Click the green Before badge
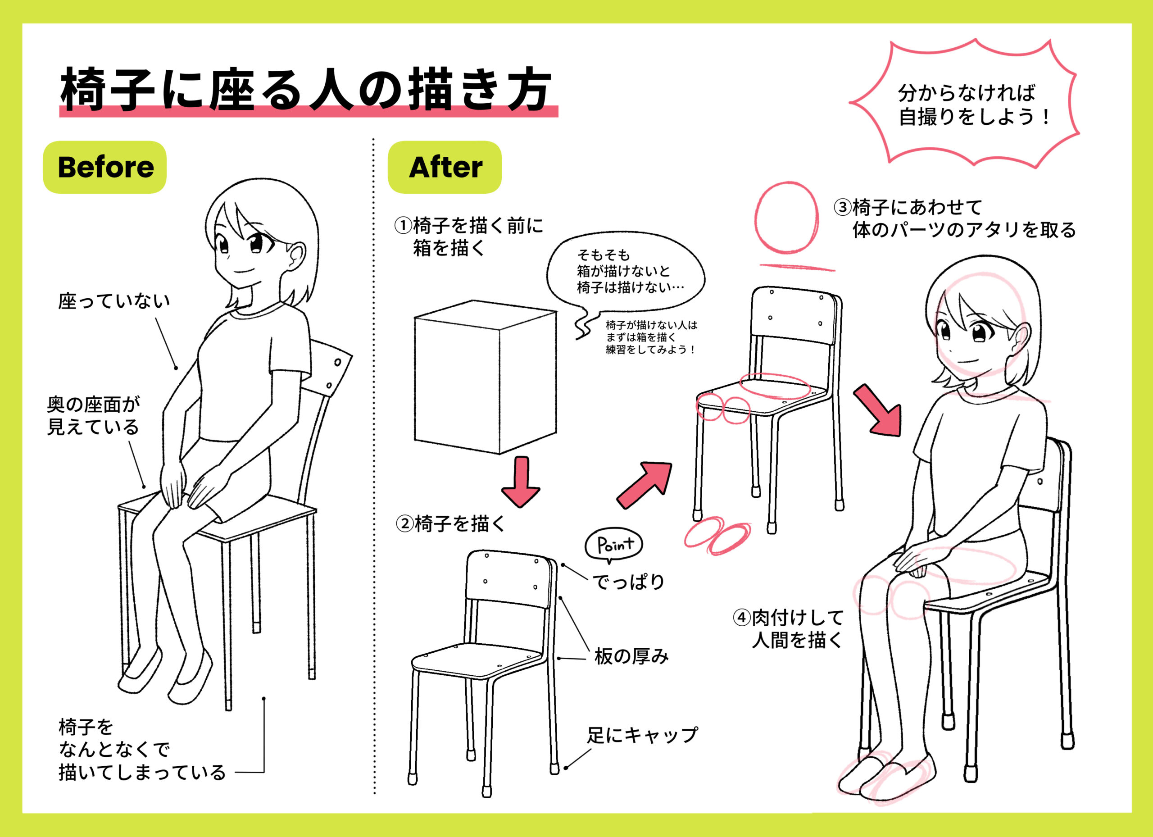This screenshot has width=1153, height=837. pyautogui.click(x=105, y=167)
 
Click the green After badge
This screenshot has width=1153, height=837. pyautogui.click(x=445, y=167)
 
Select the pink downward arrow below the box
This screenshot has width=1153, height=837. pyautogui.click(x=521, y=481)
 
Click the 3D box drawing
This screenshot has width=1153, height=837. pyautogui.click(x=486, y=377)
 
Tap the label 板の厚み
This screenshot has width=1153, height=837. pyautogui.click(x=631, y=656)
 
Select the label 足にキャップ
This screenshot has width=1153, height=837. pyautogui.click(x=642, y=735)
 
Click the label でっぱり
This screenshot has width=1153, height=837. pyautogui.click(x=629, y=582)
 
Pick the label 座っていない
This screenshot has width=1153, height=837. pyautogui.click(x=114, y=301)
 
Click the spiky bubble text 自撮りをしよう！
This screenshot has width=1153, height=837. pyautogui.click(x=974, y=118)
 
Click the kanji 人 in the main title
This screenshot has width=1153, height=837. pyautogui.click(x=331, y=90)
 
